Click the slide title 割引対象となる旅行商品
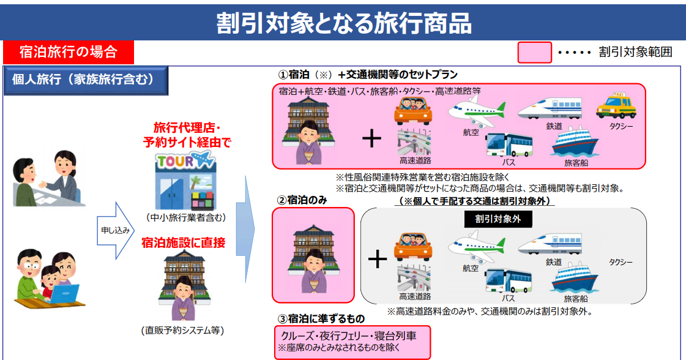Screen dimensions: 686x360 [x=344, y=23]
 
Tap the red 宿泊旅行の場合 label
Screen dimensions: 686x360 [x=69, y=52]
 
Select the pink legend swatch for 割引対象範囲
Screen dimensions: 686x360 [x=534, y=53]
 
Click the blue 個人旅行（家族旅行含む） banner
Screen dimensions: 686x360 [x=86, y=80]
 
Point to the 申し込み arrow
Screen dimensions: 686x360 [x=116, y=230]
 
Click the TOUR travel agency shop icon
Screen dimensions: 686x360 [x=185, y=180]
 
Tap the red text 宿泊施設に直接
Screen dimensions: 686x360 [x=184, y=242]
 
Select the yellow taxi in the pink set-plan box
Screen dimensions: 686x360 [x=616, y=105]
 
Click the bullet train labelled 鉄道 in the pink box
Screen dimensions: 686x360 [x=550, y=108]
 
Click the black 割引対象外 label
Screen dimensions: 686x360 [x=498, y=219]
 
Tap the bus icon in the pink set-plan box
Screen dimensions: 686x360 [x=509, y=145]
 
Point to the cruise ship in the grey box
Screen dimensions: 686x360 [x=575, y=277]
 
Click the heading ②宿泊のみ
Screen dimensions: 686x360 [x=302, y=200]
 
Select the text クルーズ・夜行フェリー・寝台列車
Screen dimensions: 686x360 [x=348, y=336]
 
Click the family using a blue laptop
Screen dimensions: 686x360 [x=49, y=278]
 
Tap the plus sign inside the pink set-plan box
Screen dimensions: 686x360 [x=372, y=138]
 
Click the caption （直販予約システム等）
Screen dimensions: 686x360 [x=183, y=330]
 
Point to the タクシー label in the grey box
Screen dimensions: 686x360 [x=621, y=262]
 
